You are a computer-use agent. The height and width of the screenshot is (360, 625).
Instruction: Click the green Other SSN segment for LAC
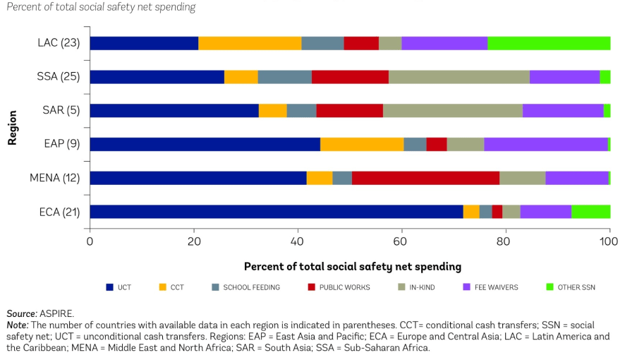tap(549, 43)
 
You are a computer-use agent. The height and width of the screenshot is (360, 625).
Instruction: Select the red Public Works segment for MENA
tap(425, 178)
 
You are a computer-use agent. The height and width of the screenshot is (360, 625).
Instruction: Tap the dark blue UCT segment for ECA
tap(276, 212)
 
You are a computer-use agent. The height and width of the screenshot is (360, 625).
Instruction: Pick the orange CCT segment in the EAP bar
tap(362, 144)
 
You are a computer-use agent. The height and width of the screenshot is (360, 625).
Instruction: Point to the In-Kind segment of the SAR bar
tap(452, 111)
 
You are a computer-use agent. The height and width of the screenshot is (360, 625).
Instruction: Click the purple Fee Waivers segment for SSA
tap(564, 77)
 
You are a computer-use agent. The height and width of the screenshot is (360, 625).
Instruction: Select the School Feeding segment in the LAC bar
tap(322, 43)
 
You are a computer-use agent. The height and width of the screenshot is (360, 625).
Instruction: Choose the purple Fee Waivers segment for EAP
tap(545, 144)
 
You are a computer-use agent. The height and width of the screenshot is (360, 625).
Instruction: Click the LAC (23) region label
tap(59, 43)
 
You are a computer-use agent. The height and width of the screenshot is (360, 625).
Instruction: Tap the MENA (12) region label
tap(54, 178)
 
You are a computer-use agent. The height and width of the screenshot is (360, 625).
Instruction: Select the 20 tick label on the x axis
tap(193, 241)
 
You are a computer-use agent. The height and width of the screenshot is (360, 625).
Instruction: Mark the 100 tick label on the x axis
tap(609, 241)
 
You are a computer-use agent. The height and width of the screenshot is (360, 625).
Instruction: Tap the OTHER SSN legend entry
tap(575, 287)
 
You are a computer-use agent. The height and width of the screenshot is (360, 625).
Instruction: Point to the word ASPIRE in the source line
tap(61, 313)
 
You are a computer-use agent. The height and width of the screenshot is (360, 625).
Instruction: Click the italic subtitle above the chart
tap(101, 7)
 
